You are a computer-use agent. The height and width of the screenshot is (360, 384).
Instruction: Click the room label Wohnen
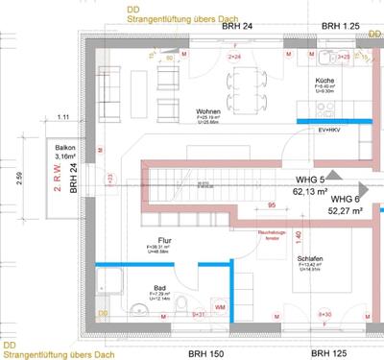(x=207, y=111)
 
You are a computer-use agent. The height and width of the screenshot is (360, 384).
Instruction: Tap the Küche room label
(x=324, y=82)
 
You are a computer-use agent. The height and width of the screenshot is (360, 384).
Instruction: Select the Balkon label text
(x=65, y=146)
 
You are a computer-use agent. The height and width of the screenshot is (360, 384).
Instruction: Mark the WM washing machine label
(x=221, y=307)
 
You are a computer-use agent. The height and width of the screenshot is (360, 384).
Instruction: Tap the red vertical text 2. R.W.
(x=58, y=179)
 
